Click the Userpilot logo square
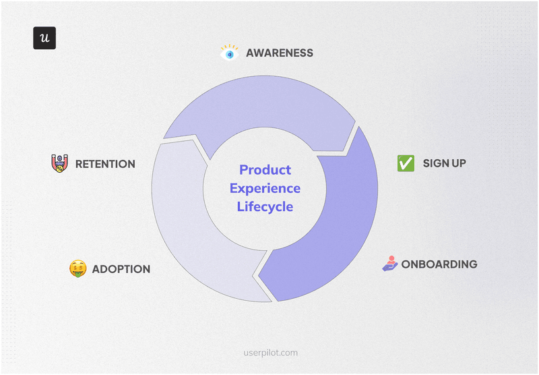click(44, 38)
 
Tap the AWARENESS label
click(280, 53)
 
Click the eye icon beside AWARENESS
click(230, 53)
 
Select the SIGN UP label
click(445, 163)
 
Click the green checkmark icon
click(406, 163)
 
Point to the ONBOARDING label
click(439, 264)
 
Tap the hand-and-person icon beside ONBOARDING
click(390, 264)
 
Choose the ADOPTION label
click(121, 269)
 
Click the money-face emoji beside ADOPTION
click(78, 269)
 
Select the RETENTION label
click(105, 164)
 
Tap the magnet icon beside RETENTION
click(60, 163)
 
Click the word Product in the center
click(265, 170)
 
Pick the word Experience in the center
click(265, 188)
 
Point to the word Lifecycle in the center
click(265, 206)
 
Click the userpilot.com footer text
click(270, 352)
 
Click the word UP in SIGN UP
click(458, 163)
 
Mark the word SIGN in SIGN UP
click(436, 163)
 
